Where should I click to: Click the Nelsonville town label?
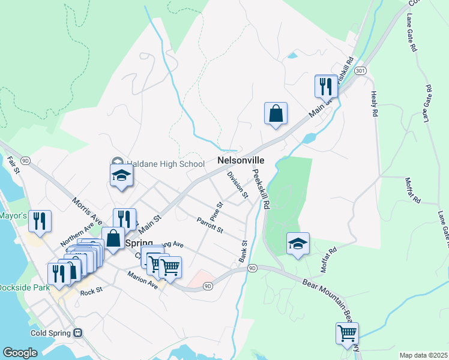point(241,161)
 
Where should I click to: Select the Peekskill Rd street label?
point(260,188)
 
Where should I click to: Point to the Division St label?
point(238,184)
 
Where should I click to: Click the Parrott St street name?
point(209,226)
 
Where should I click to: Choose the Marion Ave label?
point(142,279)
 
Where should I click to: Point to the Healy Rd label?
point(375,104)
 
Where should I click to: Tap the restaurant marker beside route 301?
point(326,86)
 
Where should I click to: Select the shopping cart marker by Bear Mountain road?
point(347,333)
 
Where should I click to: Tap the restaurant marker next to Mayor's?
point(40,221)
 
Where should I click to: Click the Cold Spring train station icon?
point(77,332)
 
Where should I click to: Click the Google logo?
point(20,353)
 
